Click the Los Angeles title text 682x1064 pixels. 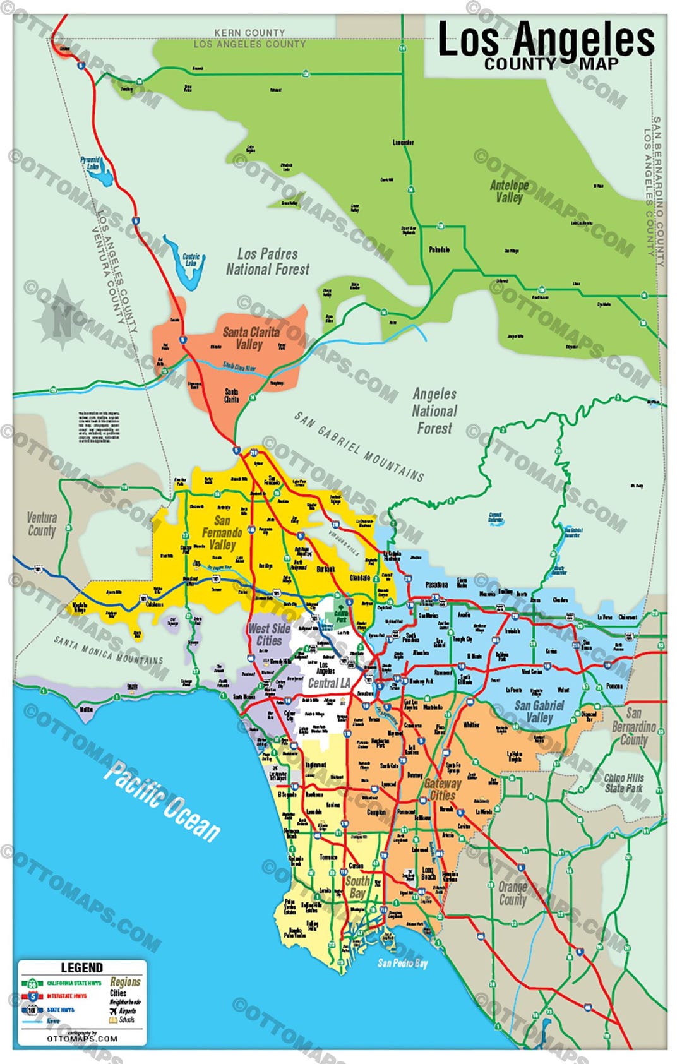(546, 39)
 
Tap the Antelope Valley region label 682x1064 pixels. (509, 191)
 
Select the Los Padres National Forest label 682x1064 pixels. (268, 261)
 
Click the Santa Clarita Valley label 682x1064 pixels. (251, 338)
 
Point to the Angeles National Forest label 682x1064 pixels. (434, 411)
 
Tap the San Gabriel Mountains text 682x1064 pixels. (359, 445)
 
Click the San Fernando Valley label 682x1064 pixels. (222, 532)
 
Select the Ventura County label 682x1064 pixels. (42, 524)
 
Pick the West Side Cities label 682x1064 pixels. (269, 634)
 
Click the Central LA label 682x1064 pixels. (328, 683)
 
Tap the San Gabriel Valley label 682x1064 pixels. (539, 711)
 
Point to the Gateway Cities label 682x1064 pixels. (442, 789)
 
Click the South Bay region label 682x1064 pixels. (357, 887)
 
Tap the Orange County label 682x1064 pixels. (513, 893)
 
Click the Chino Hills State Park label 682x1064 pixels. (624, 783)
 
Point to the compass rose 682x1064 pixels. (62, 314)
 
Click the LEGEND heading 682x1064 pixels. (81, 967)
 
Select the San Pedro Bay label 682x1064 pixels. (402, 963)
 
